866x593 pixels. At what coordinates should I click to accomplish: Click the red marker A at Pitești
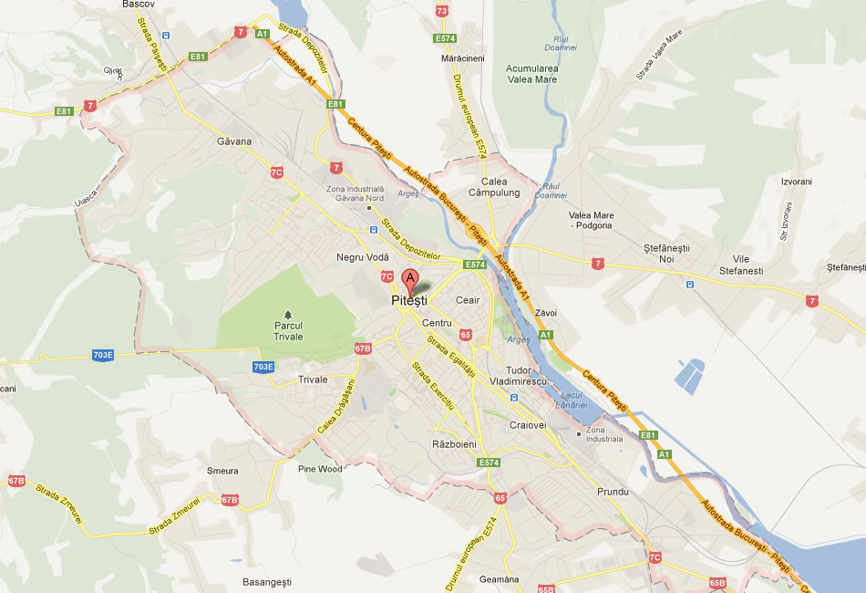[410, 278]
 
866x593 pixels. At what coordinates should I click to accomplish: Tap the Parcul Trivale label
[288, 330]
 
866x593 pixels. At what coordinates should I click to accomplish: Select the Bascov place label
[139, 5]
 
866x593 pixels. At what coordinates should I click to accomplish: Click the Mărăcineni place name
[462, 57]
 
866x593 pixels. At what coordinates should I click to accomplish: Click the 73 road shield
[442, 11]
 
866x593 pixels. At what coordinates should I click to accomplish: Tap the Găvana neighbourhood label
[234, 141]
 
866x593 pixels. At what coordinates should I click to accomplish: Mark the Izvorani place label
[796, 182]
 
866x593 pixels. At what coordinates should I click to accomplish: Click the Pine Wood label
[320, 469]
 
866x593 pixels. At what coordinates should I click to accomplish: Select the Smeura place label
[222, 471]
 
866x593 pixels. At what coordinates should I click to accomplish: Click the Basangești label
[266, 581]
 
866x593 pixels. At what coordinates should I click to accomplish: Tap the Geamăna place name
[498, 579]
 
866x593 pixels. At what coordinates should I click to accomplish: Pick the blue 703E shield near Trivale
[263, 367]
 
